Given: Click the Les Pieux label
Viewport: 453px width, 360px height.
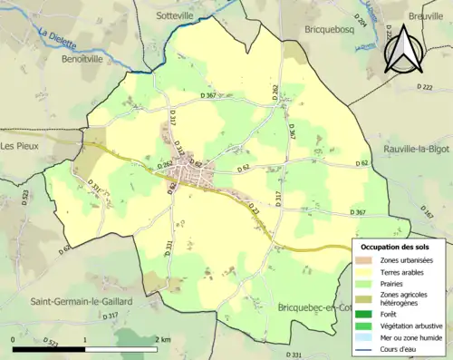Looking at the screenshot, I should tap(20, 144).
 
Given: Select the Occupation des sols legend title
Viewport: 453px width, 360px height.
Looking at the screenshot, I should tap(397, 247).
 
